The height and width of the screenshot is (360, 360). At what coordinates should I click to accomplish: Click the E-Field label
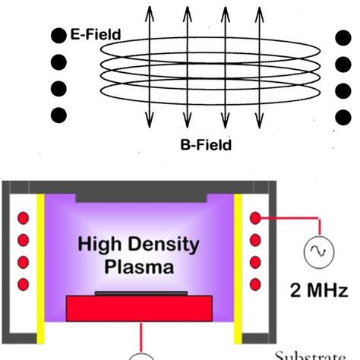point(96,34)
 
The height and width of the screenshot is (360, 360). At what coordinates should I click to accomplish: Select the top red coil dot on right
point(256,219)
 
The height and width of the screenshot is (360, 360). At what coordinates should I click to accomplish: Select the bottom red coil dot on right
point(256,283)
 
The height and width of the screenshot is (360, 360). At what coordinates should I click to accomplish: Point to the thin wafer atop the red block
point(141,292)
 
